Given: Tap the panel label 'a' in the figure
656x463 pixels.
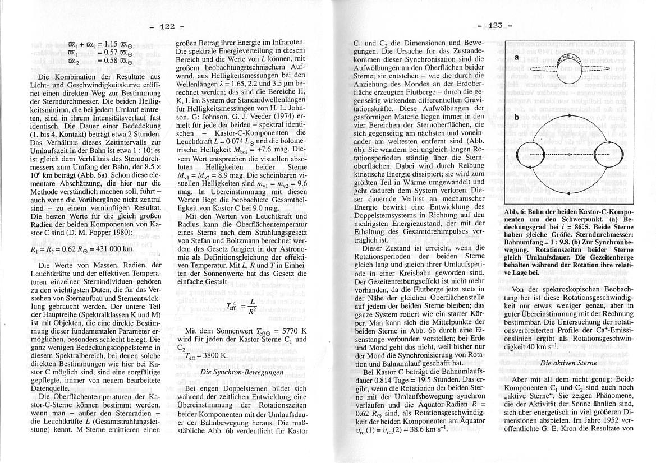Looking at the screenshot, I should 516,58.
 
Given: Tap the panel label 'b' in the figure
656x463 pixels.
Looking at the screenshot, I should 516,117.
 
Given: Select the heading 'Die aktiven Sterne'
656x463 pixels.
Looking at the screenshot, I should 567,364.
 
